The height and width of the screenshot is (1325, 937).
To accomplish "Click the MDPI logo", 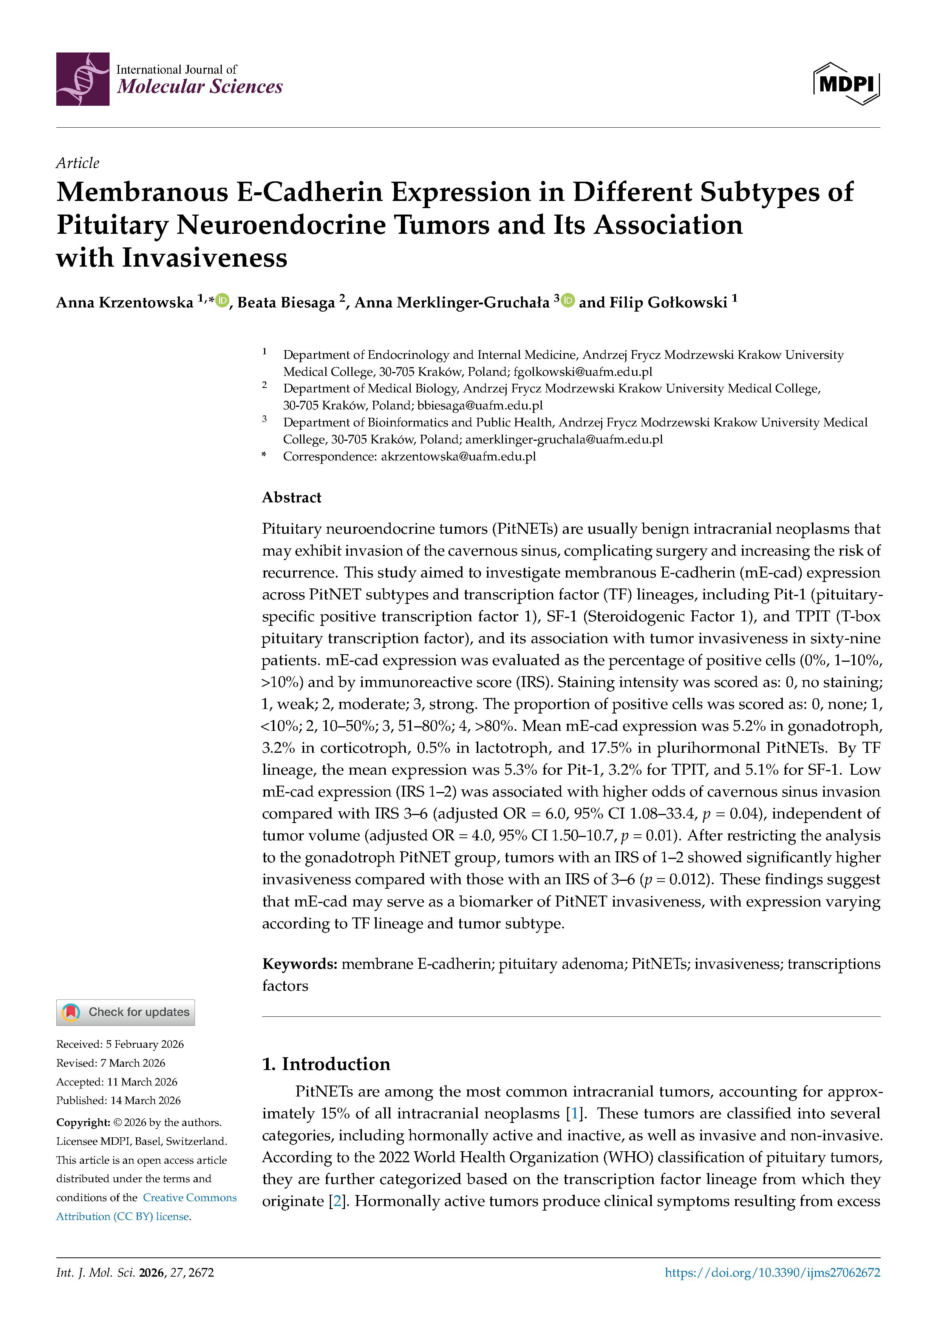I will pos(846,84).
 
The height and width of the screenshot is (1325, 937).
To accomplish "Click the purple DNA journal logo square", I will pos(83,79).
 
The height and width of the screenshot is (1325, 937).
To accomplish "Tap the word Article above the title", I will pos(77,163).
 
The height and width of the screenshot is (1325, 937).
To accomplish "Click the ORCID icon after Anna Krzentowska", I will pos(222,300).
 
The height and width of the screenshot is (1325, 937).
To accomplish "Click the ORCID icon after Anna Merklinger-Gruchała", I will pos(568,300).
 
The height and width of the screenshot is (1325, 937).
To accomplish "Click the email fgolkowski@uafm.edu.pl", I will pos(583,372).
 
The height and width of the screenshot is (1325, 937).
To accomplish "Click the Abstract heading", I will pos(292,497).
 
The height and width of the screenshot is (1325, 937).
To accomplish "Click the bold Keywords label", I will pos(300,964).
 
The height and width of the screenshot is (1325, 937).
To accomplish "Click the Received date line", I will pos(119,1044).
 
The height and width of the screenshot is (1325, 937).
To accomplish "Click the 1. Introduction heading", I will pos(326,1064).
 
